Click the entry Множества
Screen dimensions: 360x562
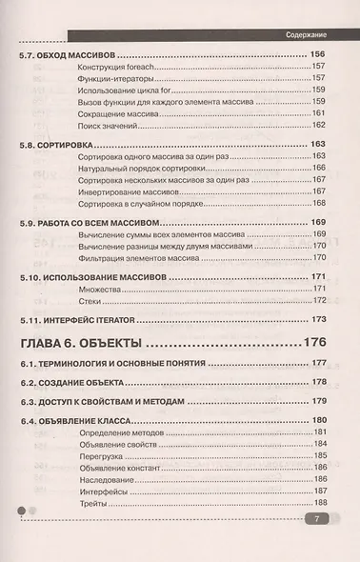click(90, 288)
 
